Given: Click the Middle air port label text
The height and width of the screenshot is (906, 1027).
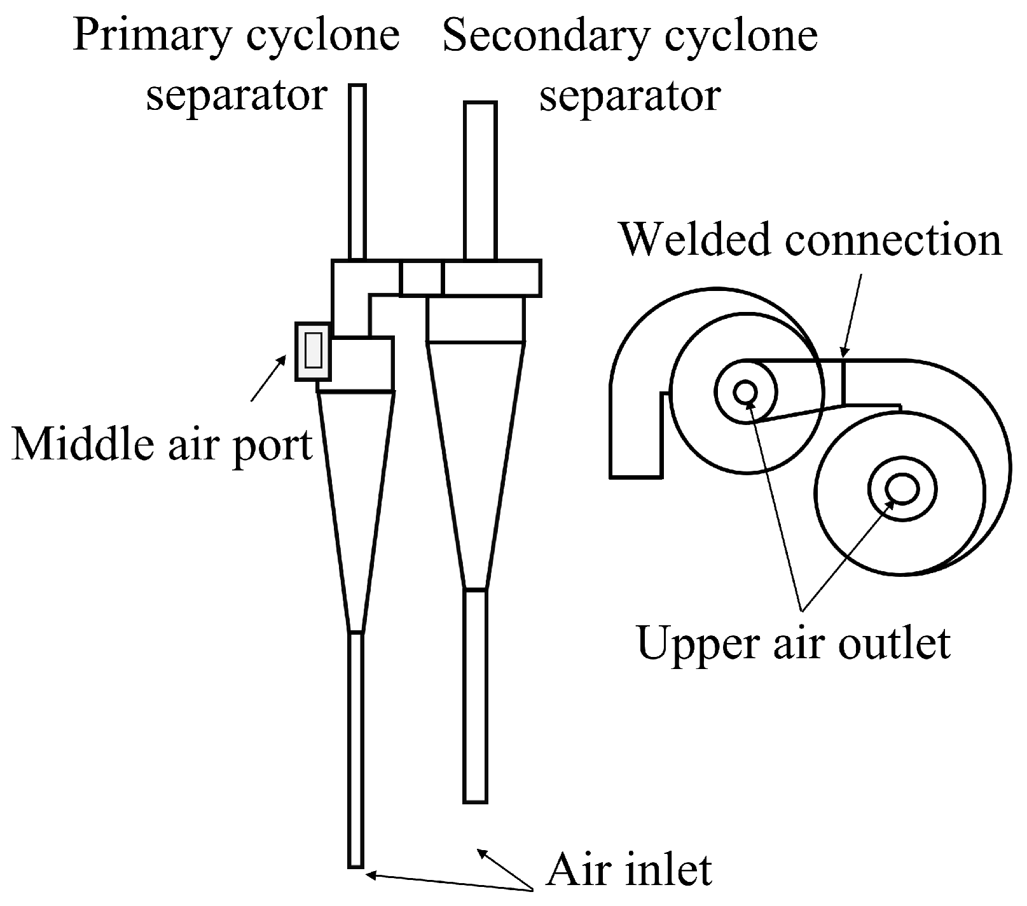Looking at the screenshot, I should pyautogui.click(x=162, y=444).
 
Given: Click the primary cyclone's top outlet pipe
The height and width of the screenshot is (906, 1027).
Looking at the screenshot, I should pyautogui.click(x=357, y=172).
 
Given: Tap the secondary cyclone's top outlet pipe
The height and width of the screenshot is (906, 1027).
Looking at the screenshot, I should pyautogui.click(x=480, y=181).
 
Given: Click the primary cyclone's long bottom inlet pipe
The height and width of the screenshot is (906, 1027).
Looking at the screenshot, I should pyautogui.click(x=356, y=750).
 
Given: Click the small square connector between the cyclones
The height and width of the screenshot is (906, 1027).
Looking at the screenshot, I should pyautogui.click(x=420, y=278).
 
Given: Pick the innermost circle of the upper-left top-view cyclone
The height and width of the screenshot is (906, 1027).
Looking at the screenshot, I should pyautogui.click(x=744, y=393).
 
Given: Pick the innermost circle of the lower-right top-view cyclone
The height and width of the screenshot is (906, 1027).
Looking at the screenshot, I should pyautogui.click(x=901, y=489).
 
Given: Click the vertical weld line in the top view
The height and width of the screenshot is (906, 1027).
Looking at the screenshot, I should pyautogui.click(x=843, y=381).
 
